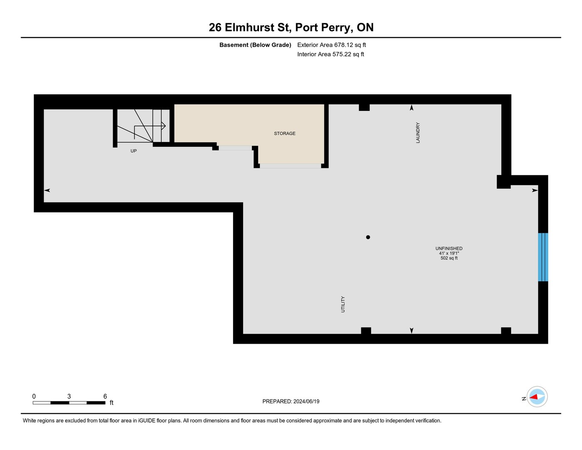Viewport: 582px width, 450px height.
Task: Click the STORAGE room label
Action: tap(284, 133)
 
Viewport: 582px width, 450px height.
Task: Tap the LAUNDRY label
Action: tap(418, 132)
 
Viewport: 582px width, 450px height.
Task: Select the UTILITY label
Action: tap(343, 304)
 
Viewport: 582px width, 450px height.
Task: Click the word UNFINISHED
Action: tap(449, 248)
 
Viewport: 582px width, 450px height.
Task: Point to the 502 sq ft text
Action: tap(449, 258)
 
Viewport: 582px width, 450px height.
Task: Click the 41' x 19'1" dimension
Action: tap(449, 253)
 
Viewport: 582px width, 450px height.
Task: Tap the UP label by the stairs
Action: tap(133, 151)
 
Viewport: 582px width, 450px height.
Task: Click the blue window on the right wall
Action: tap(543, 257)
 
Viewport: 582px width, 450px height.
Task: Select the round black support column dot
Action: tap(368, 237)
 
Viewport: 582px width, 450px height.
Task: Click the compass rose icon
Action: tap(537, 397)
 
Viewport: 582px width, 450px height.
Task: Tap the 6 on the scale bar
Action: tap(105, 396)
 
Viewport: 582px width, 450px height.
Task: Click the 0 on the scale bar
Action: tap(34, 396)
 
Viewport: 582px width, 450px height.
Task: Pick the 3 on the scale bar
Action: tap(69, 396)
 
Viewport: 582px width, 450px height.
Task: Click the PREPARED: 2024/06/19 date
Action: tap(291, 402)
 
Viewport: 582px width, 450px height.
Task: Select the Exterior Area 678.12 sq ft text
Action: tap(331, 45)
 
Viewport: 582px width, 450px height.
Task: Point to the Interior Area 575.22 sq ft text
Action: tap(331, 55)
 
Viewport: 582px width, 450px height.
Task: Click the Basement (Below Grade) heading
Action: tap(255, 45)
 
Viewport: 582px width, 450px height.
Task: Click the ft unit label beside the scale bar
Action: tap(112, 402)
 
